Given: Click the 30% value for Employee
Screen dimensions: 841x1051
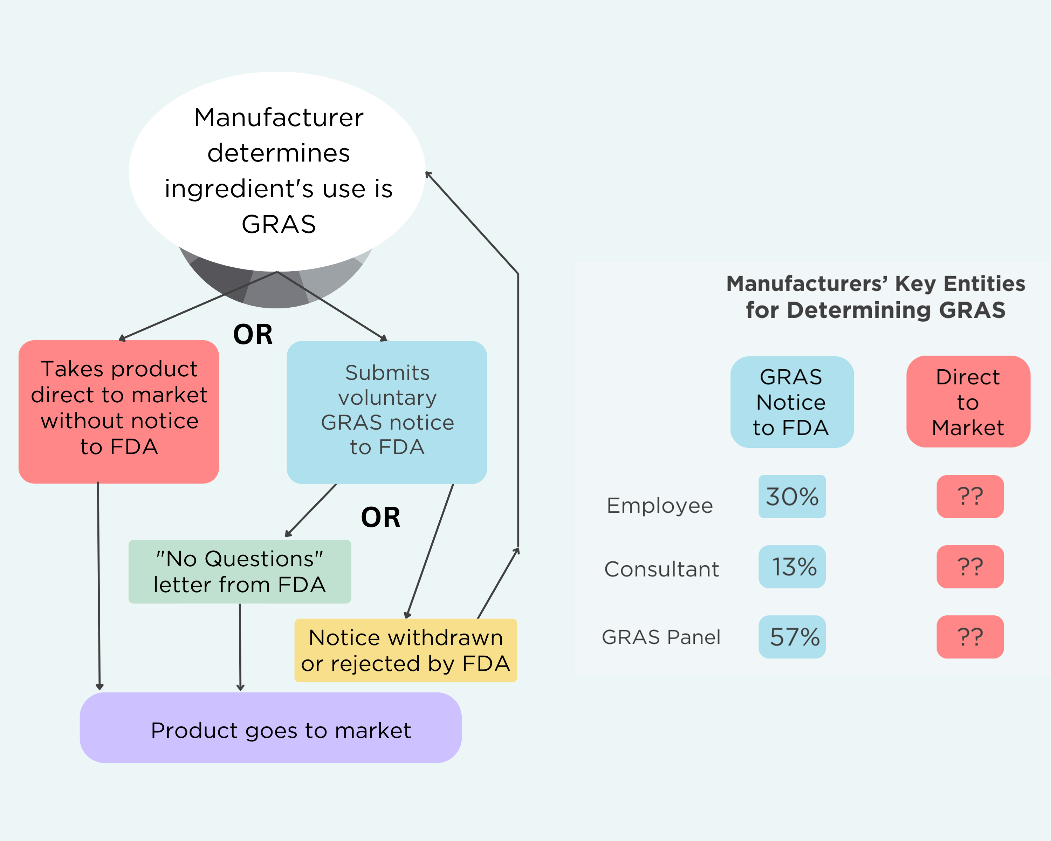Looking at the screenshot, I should click(792, 496).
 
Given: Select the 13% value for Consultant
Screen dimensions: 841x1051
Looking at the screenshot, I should click(792, 567).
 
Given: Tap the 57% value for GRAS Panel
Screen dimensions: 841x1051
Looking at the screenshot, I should click(792, 637).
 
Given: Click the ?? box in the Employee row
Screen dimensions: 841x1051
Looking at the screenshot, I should click(970, 496).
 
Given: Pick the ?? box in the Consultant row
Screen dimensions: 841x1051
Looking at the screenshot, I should click(970, 567).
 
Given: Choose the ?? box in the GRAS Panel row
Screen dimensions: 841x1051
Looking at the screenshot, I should click(970, 637).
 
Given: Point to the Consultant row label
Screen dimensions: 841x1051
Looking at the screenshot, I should click(661, 569).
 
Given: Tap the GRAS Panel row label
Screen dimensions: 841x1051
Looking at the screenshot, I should click(661, 637).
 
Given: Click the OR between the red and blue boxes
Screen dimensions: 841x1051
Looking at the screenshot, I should click(253, 334).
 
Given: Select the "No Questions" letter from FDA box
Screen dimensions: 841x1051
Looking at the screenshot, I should click(239, 572).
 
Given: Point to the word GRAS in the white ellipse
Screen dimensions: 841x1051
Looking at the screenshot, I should click(279, 224).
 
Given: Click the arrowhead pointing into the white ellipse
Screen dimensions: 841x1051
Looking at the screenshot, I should click(428, 175).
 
